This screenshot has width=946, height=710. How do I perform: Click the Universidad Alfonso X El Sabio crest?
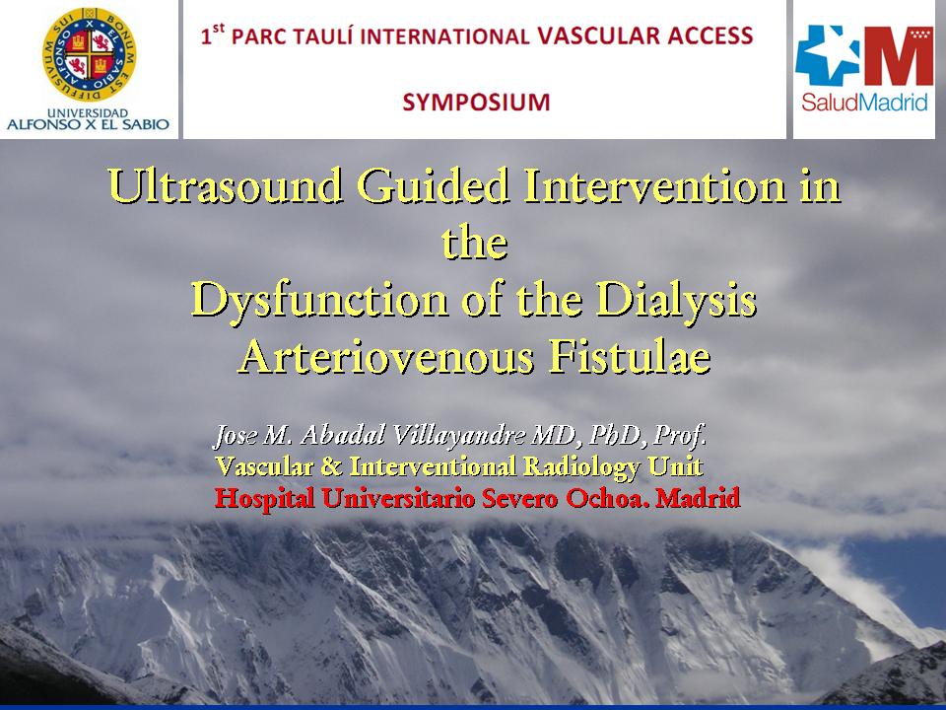[x=90, y=54]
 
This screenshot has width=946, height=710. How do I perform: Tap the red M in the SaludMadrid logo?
[x=899, y=55]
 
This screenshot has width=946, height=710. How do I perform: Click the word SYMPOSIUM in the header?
[x=476, y=102]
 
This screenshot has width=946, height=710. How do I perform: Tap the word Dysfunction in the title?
[x=319, y=300]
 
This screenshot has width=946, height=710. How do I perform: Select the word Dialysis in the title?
[x=676, y=300]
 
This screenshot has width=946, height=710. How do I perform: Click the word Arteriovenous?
[x=386, y=356]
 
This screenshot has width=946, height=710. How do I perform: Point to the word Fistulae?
[x=630, y=356]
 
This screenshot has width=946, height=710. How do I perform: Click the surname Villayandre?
[x=458, y=435]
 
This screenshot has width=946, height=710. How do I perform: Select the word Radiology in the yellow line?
[x=580, y=466]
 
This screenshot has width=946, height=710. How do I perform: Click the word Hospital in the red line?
[x=264, y=499]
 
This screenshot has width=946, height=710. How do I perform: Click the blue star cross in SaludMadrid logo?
[x=826, y=54]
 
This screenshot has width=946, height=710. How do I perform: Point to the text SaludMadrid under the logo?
[x=864, y=102]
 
